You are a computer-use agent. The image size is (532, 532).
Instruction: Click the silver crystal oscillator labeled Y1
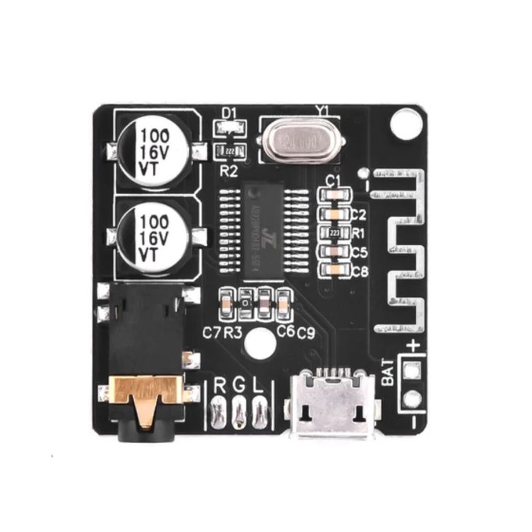point(300,141)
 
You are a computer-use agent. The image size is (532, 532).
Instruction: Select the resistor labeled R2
point(230,152)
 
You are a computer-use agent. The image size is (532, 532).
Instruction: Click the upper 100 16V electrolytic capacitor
point(154,150)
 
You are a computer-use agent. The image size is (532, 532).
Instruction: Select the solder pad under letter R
point(218,412)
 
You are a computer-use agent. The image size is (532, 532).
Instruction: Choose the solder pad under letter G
point(238,412)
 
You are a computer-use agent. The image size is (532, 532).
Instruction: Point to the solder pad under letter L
point(259,412)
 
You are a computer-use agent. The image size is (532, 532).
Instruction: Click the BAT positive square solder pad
point(411,370)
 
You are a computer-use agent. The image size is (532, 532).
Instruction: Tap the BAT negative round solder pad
point(411,400)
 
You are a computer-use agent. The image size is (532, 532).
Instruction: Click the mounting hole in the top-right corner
point(406,124)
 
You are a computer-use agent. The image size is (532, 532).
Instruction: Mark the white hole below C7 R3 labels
point(256,345)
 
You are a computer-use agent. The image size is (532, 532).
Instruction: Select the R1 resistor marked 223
point(334,232)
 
